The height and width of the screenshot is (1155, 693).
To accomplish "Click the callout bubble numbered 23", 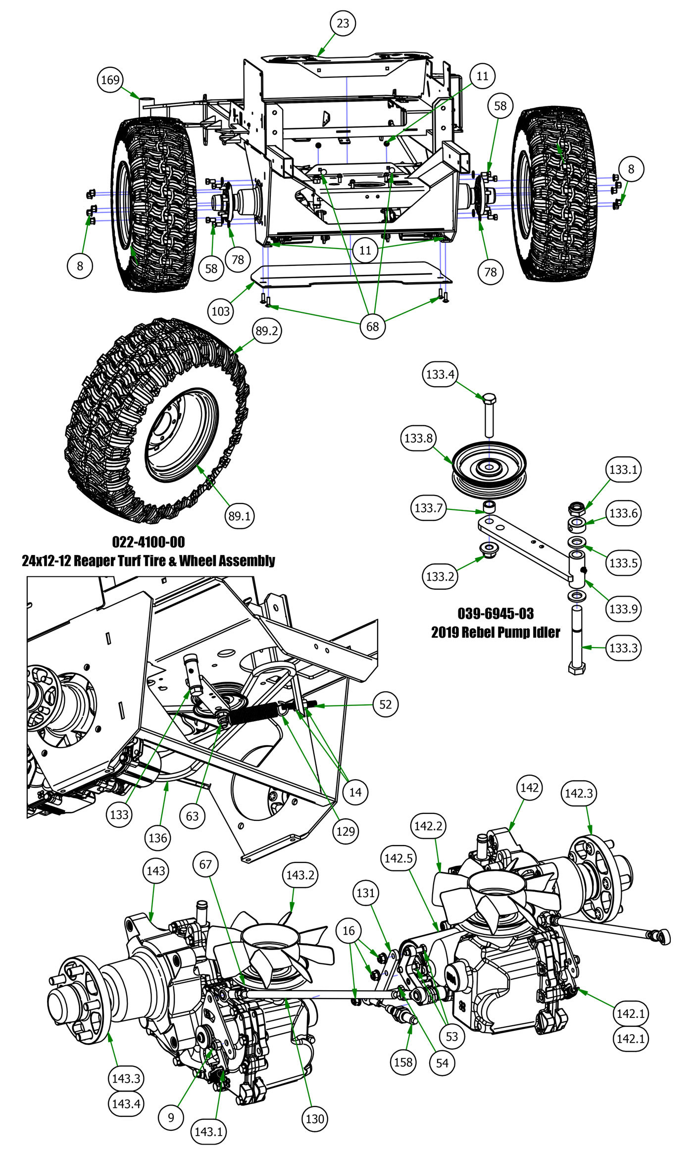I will point(343,23).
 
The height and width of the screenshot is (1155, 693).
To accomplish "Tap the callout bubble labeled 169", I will point(110,80).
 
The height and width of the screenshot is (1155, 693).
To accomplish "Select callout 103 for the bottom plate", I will point(221,311).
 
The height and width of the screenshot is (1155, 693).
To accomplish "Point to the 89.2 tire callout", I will point(267,331).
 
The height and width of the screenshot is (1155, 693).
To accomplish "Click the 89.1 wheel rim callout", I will point(239,516).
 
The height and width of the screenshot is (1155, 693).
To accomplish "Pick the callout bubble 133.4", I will point(440,374).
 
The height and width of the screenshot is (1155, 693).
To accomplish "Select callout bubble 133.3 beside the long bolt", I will point(623,648).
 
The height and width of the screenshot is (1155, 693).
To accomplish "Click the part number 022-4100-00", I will point(148,542).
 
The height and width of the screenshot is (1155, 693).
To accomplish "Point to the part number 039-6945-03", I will point(495,614).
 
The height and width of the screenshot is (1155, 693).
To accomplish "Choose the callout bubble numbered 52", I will point(386,704).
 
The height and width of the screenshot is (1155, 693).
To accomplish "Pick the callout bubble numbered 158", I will point(403,1062).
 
